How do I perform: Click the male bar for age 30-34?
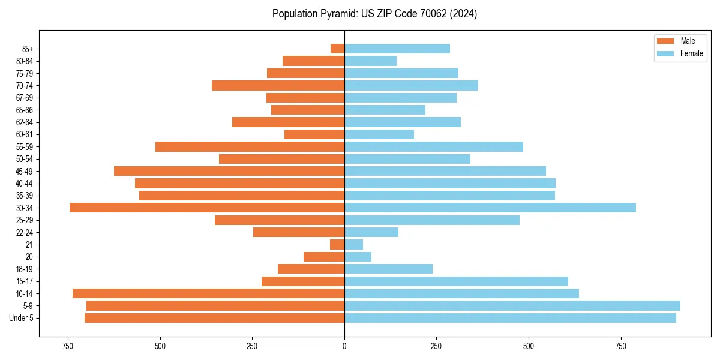coord(207,208)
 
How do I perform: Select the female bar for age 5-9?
coord(512,305)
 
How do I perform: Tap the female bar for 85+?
coord(397,49)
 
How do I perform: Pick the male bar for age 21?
coord(337,244)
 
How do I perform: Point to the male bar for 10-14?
coord(208,293)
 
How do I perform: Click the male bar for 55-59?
coord(250,146)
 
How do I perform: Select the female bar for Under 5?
coord(510,318)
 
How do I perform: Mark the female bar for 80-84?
coord(370,61)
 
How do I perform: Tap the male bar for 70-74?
coord(278,85)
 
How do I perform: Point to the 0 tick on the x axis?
coord(344,346)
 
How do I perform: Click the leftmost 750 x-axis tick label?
coord(67,346)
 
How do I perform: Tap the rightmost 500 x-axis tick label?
coord(529,346)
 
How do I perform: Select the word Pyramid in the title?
coord(337,14)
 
